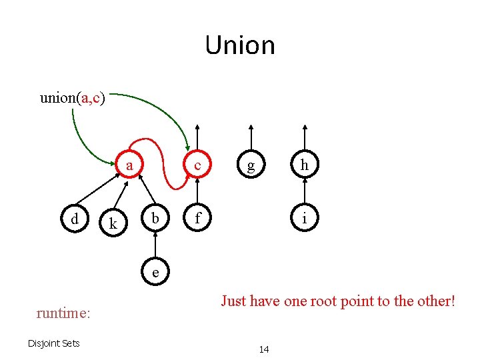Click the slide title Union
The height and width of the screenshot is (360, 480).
[x=240, y=45]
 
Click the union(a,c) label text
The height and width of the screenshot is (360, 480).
[x=71, y=98]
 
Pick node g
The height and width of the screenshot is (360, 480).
[x=251, y=166]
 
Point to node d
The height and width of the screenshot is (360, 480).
[x=75, y=219]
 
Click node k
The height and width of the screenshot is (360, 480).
[x=113, y=224]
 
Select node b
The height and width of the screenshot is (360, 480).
[x=155, y=219]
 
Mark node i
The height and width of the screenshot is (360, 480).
[x=304, y=219]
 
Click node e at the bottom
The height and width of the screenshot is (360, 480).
[x=155, y=271]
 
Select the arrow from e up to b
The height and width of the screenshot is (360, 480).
[x=155, y=245]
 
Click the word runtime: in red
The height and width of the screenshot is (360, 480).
[x=63, y=313]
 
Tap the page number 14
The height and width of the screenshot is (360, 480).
[x=264, y=349]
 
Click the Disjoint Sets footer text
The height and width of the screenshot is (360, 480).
[x=53, y=343]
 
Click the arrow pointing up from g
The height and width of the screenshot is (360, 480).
[x=251, y=139]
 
